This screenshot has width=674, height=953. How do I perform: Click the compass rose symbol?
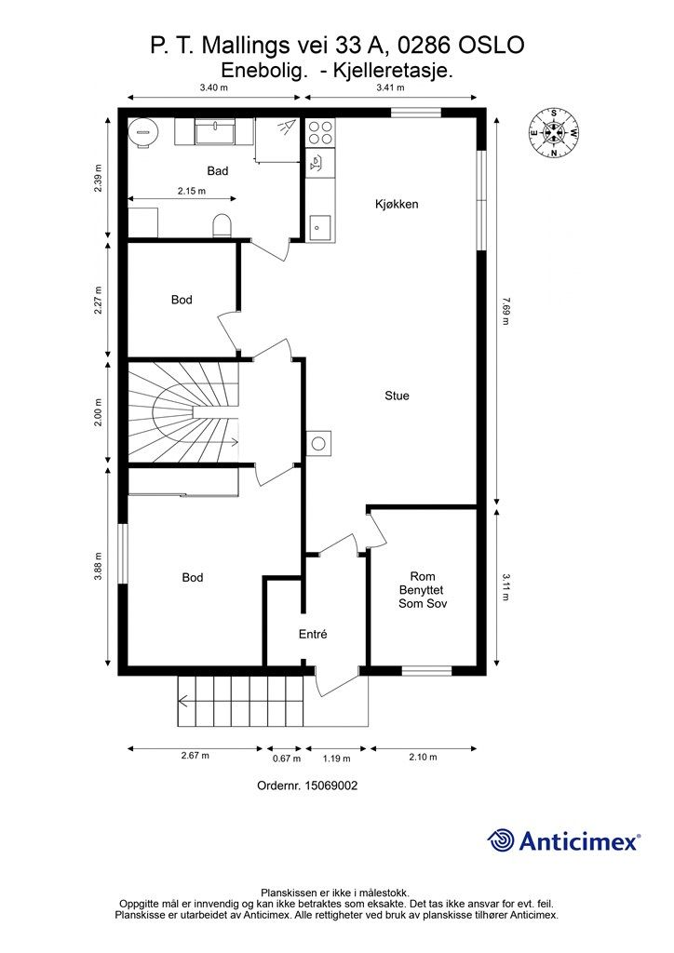click(553, 132)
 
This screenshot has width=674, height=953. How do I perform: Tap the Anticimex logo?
click(563, 841)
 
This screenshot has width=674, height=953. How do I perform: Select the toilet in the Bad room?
click(223, 225)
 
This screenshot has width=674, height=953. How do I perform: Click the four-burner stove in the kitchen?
click(320, 132)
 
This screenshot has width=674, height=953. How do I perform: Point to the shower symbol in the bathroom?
click(284, 128)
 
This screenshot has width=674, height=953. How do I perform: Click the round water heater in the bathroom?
click(144, 130)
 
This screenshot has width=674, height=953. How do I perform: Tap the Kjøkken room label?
click(397, 204)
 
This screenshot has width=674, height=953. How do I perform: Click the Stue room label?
click(397, 396)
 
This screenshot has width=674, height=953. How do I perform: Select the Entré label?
click(313, 634)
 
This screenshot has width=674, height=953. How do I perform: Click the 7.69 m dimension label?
click(505, 311)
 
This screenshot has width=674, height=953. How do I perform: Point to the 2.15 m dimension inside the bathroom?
click(192, 191)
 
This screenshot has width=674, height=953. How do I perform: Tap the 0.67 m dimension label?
click(286, 758)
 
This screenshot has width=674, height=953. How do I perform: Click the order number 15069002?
click(330, 785)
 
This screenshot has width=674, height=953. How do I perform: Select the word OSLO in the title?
click(492, 45)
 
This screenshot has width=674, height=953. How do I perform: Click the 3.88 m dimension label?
click(98, 567)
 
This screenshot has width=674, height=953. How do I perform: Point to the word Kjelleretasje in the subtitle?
click(393, 71)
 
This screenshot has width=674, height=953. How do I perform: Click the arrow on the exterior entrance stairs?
click(240, 702)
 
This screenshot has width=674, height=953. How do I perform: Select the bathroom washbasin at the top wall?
click(214, 131)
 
